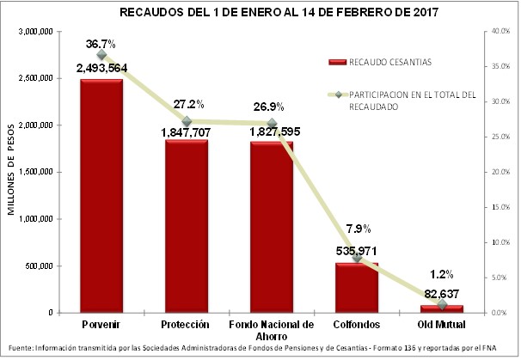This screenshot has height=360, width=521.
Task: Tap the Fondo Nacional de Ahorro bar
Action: pos(272,227)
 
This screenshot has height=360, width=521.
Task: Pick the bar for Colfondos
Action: pos(357,288)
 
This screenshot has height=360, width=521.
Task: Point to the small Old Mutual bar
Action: pos(442,308)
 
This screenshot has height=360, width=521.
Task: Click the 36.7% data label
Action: pos(101,43)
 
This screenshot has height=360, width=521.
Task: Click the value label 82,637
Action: pos(442,293)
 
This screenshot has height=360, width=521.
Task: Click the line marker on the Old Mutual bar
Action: pos(442,304)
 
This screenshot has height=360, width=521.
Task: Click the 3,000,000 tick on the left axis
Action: pos(36,32)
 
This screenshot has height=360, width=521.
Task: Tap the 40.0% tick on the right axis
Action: pos(498,32)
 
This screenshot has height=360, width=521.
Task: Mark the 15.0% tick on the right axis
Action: pos(498,207)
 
